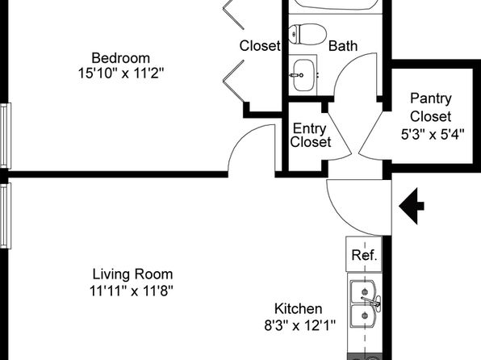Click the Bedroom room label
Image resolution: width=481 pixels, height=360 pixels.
click(120, 58)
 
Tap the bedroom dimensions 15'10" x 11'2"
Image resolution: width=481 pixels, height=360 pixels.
click(121, 73)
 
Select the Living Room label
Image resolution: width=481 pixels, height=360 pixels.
click(132, 274)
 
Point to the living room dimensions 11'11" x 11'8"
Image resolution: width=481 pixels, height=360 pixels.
click(132, 291)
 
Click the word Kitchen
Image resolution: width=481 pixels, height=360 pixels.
click(298, 309)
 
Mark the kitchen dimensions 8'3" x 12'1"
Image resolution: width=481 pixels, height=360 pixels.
click(299, 325)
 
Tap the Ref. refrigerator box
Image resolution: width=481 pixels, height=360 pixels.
click(364, 254)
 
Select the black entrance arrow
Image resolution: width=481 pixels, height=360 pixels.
click(412, 207)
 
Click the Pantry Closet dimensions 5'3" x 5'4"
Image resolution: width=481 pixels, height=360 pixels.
click(433, 134)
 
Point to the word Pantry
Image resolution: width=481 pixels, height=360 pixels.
click(431, 98)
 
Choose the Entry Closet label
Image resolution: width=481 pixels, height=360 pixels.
click(311, 135)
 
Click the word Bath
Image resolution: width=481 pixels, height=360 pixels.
click(343, 46)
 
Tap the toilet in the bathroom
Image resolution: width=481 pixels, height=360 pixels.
click(307, 34)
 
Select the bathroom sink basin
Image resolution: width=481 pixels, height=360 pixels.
click(303, 75)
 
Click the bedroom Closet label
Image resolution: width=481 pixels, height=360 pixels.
click(260, 46)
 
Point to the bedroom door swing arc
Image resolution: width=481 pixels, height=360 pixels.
click(242, 135)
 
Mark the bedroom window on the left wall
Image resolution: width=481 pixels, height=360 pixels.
click(6, 136)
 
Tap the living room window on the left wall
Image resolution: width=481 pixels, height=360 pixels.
click(6, 216)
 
